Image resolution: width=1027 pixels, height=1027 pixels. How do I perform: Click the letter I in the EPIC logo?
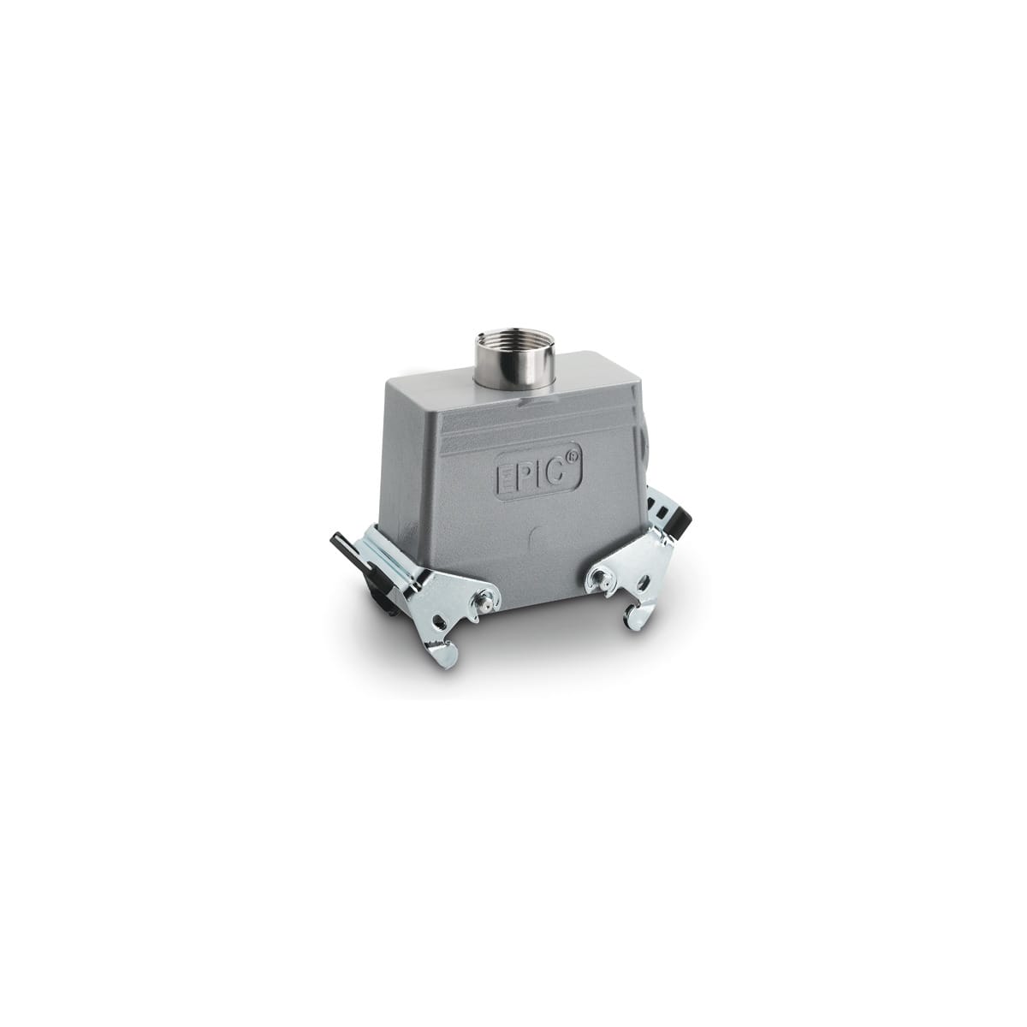542,474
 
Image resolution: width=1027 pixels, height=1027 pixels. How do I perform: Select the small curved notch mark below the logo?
534,540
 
